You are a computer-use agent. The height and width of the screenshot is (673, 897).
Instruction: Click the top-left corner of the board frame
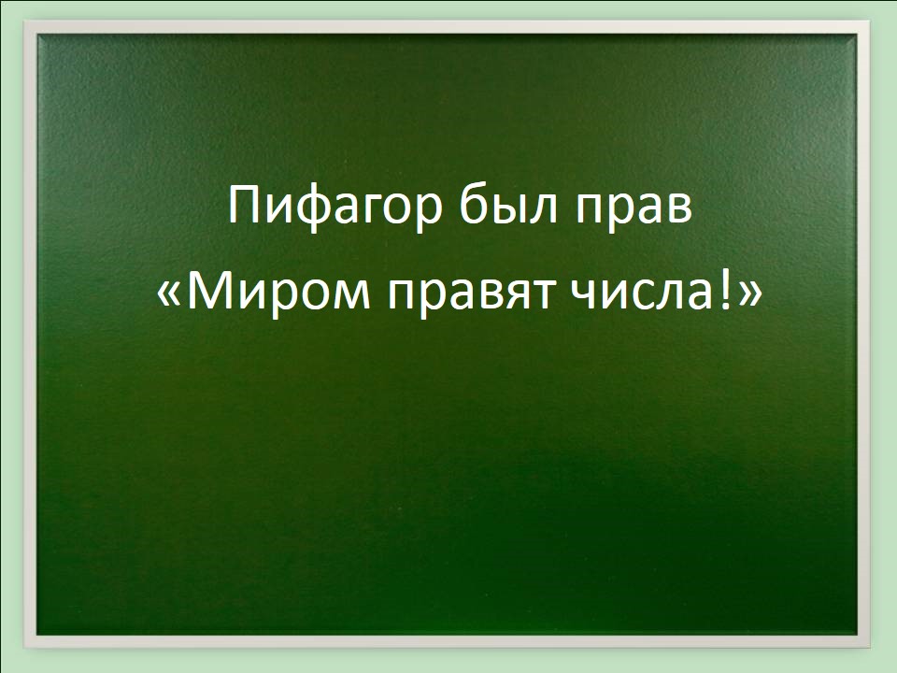pos(24,21)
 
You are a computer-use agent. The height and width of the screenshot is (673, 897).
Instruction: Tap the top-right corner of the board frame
pos(870,21)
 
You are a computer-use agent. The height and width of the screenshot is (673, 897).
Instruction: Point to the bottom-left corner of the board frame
pos(24,649)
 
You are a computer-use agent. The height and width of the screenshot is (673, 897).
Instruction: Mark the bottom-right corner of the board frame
pos(870,649)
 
